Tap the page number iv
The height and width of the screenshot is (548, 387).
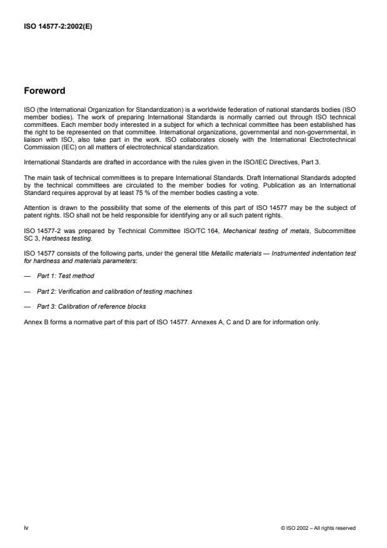26,528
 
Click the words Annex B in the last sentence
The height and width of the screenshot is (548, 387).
33,324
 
